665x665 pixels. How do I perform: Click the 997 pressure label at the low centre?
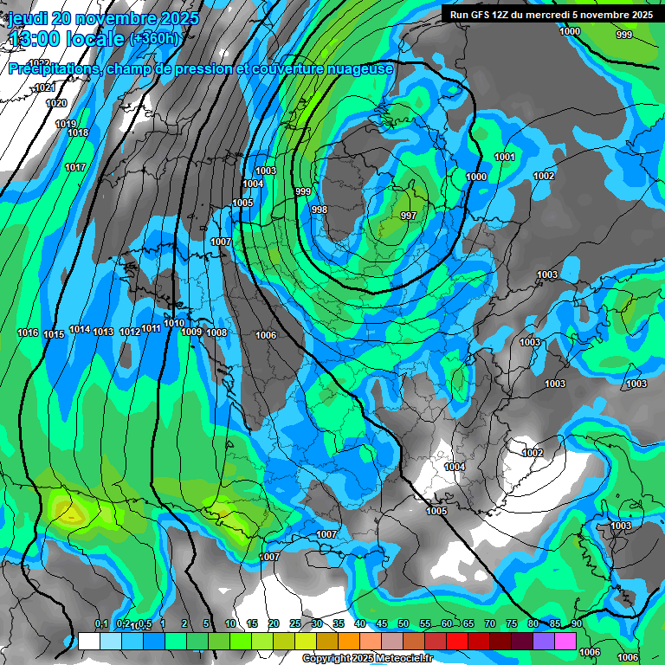click(x=409, y=216)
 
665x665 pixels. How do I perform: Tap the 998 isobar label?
click(x=320, y=210)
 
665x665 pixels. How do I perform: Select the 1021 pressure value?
click(x=45, y=87)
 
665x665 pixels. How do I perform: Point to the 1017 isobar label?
click(x=75, y=167)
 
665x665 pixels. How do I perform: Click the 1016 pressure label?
click(x=28, y=333)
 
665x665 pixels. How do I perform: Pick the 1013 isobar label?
click(x=103, y=332)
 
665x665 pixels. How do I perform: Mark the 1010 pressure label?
click(x=174, y=323)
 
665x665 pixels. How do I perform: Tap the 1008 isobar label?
click(x=216, y=332)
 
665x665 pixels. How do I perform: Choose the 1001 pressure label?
click(x=505, y=157)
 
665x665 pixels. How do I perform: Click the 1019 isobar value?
click(x=66, y=124)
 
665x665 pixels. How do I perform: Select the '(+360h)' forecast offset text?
click(x=156, y=39)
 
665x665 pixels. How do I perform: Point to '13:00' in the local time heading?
click(x=36, y=40)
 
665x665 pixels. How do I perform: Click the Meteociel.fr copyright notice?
click(x=366, y=658)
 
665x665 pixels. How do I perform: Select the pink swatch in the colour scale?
click(x=565, y=641)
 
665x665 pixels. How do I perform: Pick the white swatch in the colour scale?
click(x=88, y=641)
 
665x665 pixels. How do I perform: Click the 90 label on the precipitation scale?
click(x=576, y=624)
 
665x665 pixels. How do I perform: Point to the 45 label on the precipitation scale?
click(x=381, y=624)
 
